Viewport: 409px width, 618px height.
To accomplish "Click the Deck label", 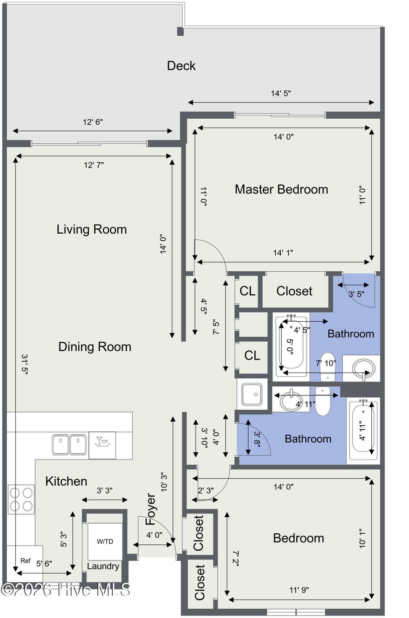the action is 181,66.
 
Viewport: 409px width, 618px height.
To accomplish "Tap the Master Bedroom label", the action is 281,189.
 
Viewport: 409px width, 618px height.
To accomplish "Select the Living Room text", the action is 92,230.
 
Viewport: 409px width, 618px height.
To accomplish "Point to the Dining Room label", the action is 95,347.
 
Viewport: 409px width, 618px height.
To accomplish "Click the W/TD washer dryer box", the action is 105,541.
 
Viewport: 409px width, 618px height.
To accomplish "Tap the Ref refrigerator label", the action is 26,561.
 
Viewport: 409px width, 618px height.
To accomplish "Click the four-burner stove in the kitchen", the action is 21,499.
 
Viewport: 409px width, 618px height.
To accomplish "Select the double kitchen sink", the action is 69,445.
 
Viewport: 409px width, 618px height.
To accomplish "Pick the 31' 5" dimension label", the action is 24,364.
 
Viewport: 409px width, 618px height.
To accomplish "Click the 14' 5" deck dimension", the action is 281,93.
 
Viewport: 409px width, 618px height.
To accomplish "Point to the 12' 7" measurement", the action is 94,165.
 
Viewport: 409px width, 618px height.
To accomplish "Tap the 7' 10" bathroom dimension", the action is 326,363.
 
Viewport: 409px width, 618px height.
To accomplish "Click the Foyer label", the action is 151,509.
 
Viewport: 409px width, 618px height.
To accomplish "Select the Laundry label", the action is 103,566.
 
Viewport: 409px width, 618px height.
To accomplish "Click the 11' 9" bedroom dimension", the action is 299,590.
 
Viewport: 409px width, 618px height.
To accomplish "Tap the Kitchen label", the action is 66,481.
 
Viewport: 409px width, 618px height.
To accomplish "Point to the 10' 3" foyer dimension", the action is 164,482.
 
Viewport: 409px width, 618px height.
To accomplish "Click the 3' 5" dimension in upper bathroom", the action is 357,294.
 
